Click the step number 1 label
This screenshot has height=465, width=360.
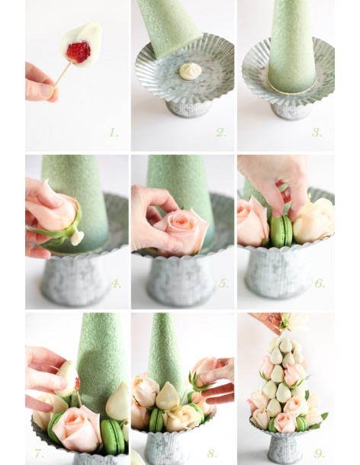click(x=114, y=133)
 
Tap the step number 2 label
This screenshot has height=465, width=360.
click(x=221, y=133)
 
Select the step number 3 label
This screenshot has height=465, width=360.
click(x=317, y=133)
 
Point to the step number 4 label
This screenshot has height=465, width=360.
click(x=116, y=284)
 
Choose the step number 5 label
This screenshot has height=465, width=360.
click(x=223, y=284)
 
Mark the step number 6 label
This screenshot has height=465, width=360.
click(x=320, y=284)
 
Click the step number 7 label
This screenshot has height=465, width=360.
click(x=39, y=454)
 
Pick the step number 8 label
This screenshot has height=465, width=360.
click(x=211, y=454)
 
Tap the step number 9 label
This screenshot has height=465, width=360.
click(x=320, y=454)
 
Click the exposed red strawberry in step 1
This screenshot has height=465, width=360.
click(x=79, y=52)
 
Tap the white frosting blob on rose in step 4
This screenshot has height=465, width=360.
click(x=77, y=236)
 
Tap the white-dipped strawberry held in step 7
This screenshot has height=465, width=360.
click(x=67, y=378)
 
